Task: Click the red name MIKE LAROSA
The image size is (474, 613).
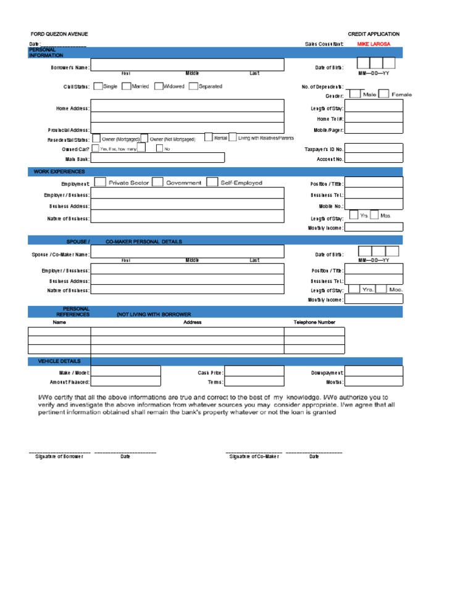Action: [x=374, y=44]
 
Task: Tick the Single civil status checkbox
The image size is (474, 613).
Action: [x=98, y=87]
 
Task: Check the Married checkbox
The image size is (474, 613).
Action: [x=127, y=87]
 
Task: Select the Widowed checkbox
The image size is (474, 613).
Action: [x=159, y=87]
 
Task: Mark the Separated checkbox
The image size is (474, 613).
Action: [x=193, y=87]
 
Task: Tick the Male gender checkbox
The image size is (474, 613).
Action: [x=355, y=94]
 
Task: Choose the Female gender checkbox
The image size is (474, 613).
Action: [x=384, y=94]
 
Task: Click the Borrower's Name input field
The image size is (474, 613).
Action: [x=188, y=65]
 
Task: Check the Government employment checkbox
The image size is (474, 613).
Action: [x=157, y=183]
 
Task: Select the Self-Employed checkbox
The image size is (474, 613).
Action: [x=212, y=183]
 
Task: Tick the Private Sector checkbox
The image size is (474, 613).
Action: [x=98, y=183]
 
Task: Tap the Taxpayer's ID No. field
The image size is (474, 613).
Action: [x=374, y=149]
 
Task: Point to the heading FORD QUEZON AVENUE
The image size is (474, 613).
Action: [x=59, y=34]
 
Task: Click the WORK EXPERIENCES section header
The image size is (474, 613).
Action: [x=60, y=172]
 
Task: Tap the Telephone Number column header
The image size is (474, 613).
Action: [x=315, y=323]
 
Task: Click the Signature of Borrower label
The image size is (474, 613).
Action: [x=59, y=457]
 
